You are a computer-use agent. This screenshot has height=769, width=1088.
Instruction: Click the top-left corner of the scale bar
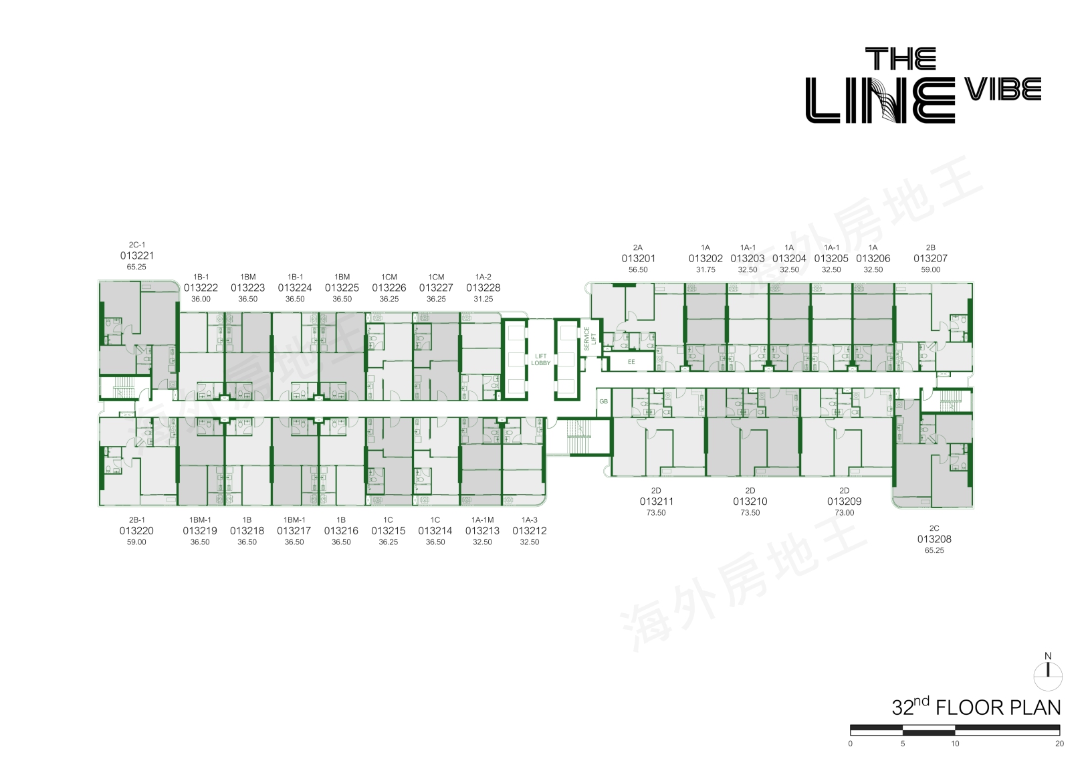(x=850, y=725)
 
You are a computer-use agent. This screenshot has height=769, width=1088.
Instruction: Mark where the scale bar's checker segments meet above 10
(x=955, y=730)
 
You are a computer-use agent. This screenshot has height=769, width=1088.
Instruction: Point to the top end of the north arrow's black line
(x=1048, y=664)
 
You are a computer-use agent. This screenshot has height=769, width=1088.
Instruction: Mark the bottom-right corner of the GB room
(x=611, y=417)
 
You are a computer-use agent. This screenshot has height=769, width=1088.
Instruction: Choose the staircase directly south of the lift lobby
(x=579, y=436)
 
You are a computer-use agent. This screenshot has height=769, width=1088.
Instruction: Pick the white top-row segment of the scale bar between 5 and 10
(x=929, y=728)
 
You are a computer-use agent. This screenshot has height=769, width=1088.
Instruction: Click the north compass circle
(x=1048, y=676)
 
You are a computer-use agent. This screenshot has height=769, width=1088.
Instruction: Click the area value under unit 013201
(x=638, y=270)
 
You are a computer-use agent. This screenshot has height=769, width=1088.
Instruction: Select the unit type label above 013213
(x=482, y=520)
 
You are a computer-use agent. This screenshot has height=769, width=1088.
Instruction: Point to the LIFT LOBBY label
(x=540, y=360)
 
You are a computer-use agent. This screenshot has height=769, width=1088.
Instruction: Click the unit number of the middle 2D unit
(x=750, y=502)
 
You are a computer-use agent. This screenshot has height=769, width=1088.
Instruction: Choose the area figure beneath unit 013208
(x=934, y=550)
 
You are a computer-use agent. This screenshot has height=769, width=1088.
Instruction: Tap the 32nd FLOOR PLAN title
(x=976, y=707)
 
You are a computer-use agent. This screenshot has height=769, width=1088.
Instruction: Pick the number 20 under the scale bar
(x=1059, y=744)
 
